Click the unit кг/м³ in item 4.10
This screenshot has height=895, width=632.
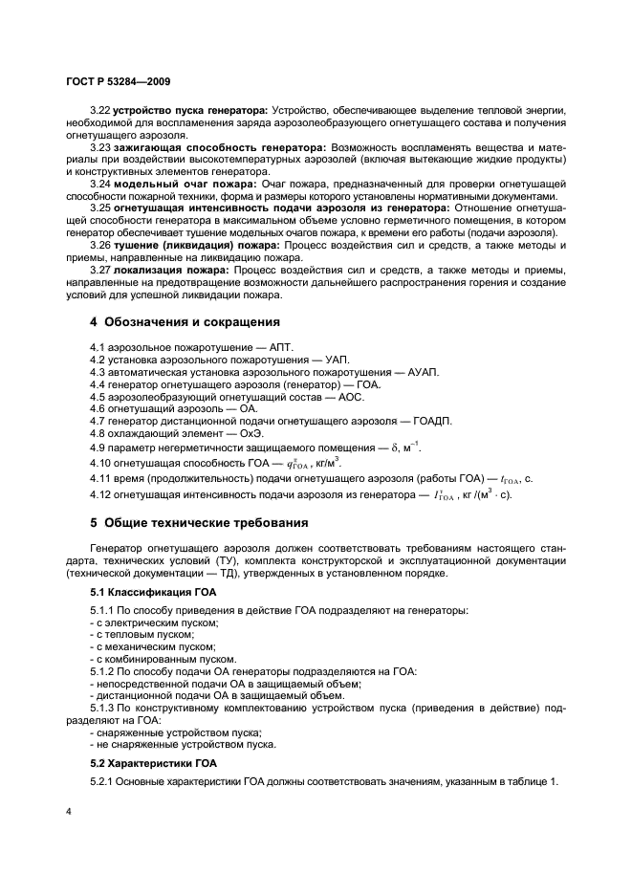pos(324,463)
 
